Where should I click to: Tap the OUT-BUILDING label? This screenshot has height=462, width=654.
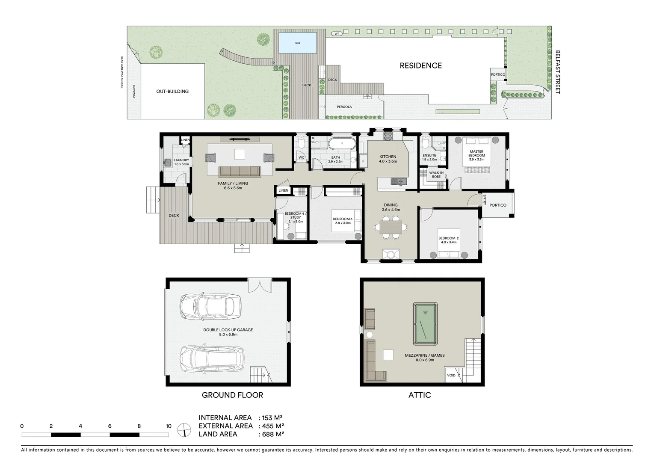[x=172, y=92]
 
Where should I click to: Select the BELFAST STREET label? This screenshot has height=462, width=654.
[x=557, y=72]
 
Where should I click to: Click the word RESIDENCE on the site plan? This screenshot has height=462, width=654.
[x=420, y=65]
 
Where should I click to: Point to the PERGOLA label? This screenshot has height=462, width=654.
[x=344, y=107]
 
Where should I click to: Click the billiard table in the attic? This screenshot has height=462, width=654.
[x=425, y=323]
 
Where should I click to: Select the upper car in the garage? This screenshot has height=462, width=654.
[x=210, y=306]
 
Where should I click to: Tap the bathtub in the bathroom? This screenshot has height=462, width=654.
[x=342, y=144]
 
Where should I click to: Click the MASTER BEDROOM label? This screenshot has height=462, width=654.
[x=476, y=154]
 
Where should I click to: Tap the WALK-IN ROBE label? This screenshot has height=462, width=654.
[x=436, y=175]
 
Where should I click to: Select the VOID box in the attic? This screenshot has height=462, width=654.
[x=451, y=375]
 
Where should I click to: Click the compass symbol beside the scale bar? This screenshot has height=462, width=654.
[x=184, y=429]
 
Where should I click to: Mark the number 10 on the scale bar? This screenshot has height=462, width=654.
[x=169, y=426]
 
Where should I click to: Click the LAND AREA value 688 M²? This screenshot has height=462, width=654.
[x=271, y=434]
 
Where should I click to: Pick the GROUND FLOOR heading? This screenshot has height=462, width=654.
[x=232, y=395]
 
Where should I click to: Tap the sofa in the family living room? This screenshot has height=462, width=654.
[x=240, y=172]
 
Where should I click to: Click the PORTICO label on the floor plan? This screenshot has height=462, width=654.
[x=497, y=205]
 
